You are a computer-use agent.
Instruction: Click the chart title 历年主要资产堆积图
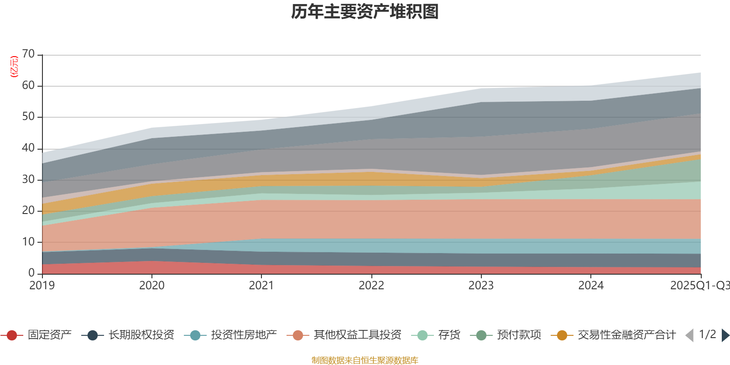(365, 12)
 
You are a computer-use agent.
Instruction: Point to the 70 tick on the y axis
(28, 54)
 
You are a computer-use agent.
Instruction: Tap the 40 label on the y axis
(28, 148)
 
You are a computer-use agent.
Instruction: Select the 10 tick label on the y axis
(28, 242)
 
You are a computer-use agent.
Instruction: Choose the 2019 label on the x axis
(42, 286)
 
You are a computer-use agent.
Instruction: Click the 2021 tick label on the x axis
(261, 286)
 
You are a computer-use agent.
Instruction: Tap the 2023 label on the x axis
(481, 286)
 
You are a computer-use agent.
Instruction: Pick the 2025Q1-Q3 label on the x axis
(699, 286)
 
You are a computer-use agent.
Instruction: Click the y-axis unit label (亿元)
(14, 67)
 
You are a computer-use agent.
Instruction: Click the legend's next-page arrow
(725, 335)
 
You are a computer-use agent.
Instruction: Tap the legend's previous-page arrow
(689, 335)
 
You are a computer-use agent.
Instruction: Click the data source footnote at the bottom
(365, 360)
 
